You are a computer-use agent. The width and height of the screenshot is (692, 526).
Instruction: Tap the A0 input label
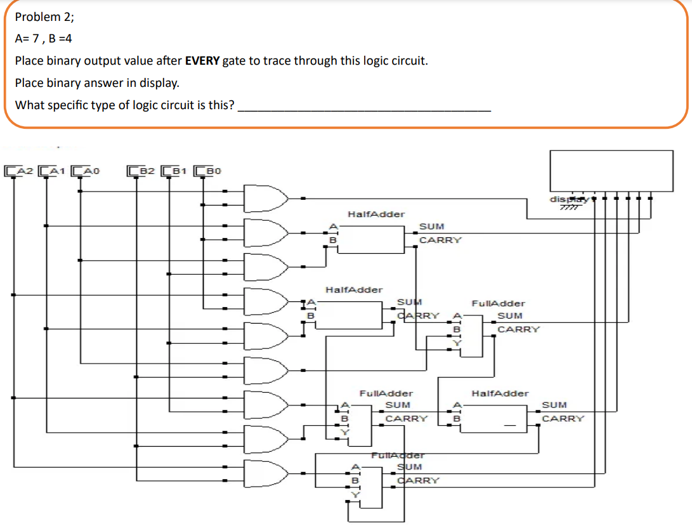tap(88, 170)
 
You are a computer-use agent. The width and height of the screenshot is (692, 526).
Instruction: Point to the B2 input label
tap(143, 170)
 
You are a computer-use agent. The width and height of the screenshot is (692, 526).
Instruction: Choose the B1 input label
tap(177, 170)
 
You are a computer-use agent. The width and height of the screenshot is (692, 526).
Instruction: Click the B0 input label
tap(211, 170)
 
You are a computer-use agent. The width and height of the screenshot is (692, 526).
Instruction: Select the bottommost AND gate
tap(266, 473)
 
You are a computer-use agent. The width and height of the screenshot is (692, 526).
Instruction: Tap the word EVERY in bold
tap(202, 61)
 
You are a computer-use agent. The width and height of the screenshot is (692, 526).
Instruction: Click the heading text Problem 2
tap(45, 16)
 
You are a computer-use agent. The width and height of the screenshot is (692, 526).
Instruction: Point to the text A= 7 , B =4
tap(43, 39)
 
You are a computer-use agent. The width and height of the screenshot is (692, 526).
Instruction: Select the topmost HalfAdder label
tap(376, 214)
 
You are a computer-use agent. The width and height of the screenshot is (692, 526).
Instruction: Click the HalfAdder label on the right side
tap(500, 393)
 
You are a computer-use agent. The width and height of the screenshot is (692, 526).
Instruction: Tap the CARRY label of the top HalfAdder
tap(440, 240)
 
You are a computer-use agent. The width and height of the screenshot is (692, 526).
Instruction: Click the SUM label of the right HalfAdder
tap(554, 405)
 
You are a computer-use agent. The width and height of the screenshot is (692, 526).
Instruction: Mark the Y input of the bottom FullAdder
tap(356, 494)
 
